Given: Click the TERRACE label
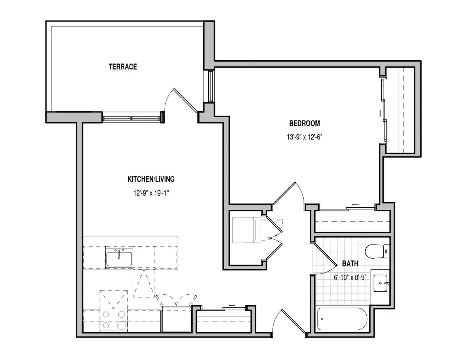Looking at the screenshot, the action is [x=123, y=67].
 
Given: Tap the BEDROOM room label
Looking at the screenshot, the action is [x=305, y=123].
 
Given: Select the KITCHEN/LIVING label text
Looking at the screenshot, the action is [x=151, y=179].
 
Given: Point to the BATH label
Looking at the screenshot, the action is [x=350, y=264].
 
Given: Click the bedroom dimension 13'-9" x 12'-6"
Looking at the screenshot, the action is [x=305, y=137].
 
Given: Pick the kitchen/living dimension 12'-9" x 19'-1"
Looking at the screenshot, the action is [x=151, y=193].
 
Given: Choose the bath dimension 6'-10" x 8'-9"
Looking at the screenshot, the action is [x=350, y=277].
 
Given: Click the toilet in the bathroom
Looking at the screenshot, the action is [x=377, y=251].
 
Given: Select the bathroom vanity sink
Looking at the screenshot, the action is [x=380, y=283].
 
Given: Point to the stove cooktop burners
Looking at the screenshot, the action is [x=114, y=320].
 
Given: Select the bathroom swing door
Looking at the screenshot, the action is [x=324, y=259].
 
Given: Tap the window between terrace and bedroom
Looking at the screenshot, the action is [x=210, y=86].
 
